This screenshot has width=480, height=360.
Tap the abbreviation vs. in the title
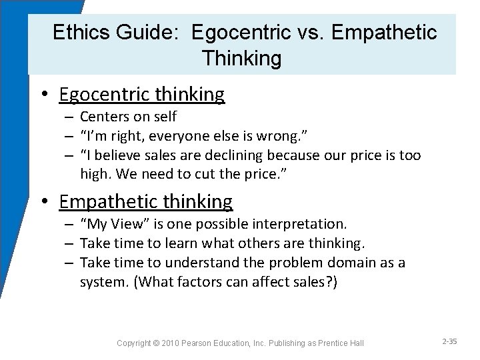coord(315,32)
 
